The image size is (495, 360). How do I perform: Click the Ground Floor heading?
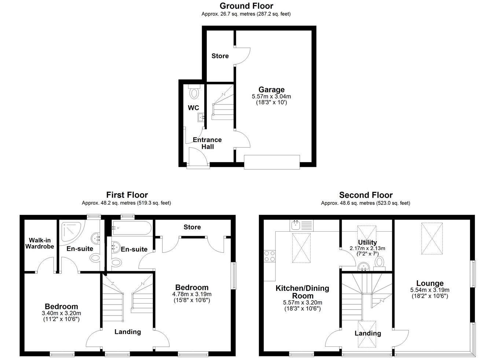coord(246,6)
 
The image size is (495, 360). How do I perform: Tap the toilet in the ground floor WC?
coord(194,92)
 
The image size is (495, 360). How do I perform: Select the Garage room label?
coord(271,89)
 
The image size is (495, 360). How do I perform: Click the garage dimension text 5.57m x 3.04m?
coord(271,96)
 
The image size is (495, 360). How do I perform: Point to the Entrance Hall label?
coord(207,143)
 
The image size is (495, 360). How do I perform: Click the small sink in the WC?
coord(201,117)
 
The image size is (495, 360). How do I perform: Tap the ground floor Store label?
coord(220,56)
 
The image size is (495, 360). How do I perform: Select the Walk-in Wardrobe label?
coord(40,243)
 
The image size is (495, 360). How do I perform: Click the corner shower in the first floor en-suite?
coord(72,231)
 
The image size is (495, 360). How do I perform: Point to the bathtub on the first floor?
coord(132,228)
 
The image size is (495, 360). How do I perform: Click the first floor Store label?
coord(192,227)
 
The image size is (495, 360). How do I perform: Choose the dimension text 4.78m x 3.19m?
coord(192,294)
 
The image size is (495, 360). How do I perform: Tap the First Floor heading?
coord(127,195)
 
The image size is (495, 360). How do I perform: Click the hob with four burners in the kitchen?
coord(269,256)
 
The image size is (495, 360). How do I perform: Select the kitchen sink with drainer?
coord(301,225)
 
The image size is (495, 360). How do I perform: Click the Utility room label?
coord(367,242)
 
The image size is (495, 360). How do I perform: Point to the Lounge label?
coord(430,283)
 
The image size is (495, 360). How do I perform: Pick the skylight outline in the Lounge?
coord(432,238)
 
